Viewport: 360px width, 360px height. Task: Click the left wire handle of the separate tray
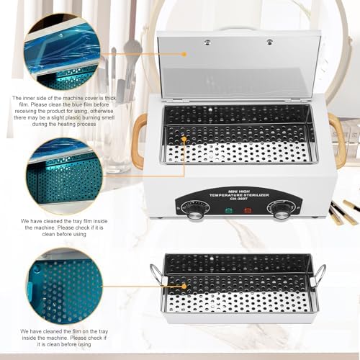point(156,274)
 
